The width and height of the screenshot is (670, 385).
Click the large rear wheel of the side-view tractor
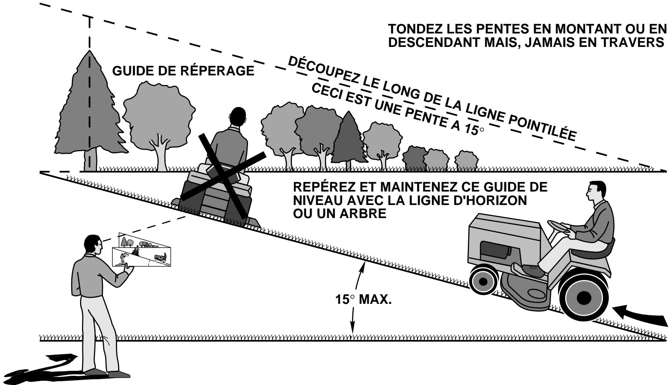point(584,297)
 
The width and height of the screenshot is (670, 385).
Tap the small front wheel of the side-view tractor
point(483,280)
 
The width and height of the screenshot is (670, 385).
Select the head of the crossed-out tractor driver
point(236,117)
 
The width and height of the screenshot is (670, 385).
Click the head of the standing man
point(93,245)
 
